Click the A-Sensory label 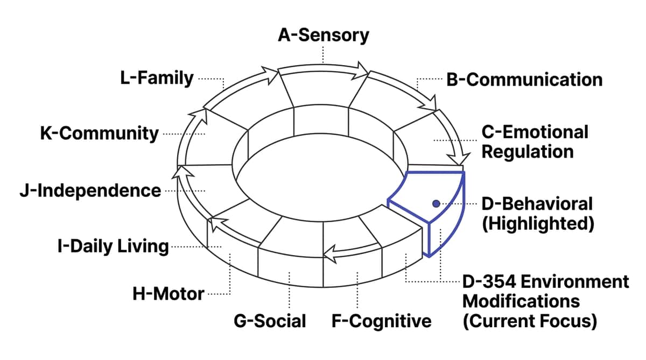click(324, 35)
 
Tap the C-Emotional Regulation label click(535, 142)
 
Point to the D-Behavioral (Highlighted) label click(537, 213)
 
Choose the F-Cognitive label click(382, 321)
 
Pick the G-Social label click(270, 321)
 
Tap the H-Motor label click(168, 294)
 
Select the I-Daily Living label click(113, 247)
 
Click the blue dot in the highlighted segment click(436, 203)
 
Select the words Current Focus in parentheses click(530, 321)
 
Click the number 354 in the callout click(503, 281)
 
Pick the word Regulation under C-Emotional click(527, 151)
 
